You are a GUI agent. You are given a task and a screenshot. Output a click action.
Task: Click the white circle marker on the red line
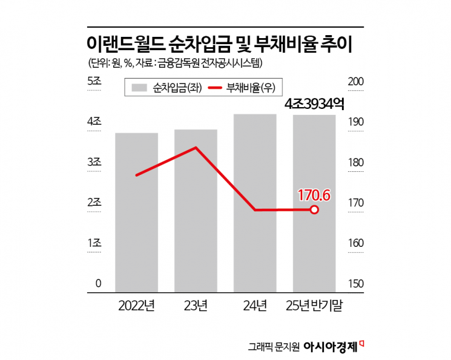[314, 210]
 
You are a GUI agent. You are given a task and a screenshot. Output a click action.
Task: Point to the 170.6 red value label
[314, 195]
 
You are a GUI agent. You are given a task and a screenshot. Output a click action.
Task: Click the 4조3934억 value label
[314, 103]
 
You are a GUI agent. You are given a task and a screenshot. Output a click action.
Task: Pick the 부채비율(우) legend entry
[243, 87]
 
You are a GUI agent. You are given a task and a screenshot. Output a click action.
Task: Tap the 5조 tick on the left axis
[94, 82]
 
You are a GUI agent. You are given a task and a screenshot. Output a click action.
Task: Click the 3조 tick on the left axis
[94, 162]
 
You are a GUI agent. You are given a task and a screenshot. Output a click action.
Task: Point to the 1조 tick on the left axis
[94, 243]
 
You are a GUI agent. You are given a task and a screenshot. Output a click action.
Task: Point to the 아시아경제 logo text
[331, 347]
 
